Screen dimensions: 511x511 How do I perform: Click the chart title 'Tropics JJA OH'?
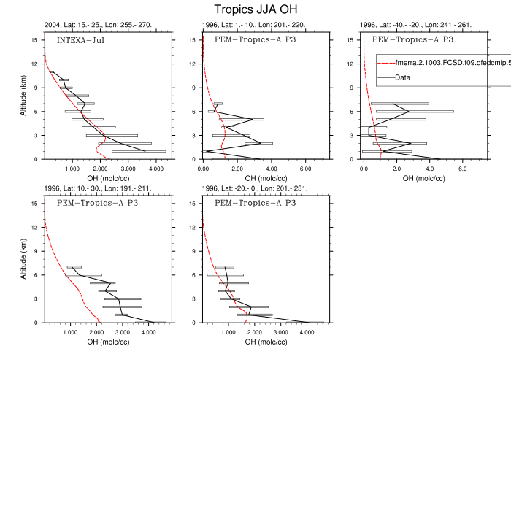click(255, 9)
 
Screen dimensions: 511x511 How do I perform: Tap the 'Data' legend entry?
click(402, 77)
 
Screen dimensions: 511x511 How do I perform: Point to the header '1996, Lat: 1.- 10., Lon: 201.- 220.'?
click(254, 25)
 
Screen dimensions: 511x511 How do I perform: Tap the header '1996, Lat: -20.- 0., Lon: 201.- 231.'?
click(255, 188)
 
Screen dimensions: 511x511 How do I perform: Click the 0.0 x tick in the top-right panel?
click(364, 169)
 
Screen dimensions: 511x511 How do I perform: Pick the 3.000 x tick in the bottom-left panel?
click(122, 332)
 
